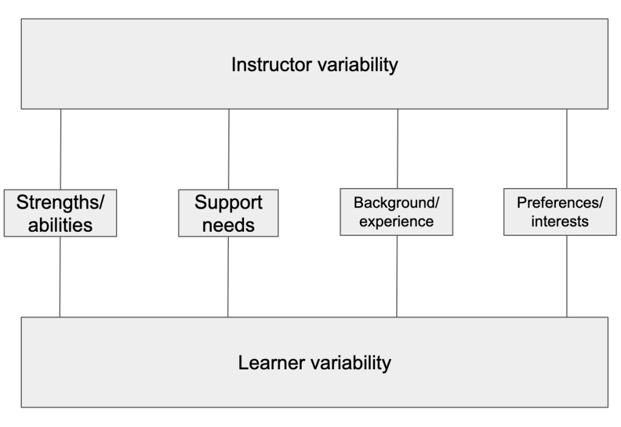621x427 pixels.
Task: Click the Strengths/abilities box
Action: click(x=60, y=213)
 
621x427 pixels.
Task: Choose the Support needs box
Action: click(x=228, y=213)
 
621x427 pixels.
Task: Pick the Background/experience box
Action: click(x=397, y=211)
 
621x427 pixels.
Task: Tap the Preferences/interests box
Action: click(x=560, y=211)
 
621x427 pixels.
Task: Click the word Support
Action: click(x=228, y=203)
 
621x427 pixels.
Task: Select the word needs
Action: click(x=228, y=225)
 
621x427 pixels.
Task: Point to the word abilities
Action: click(x=60, y=225)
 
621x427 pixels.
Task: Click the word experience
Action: click(x=397, y=221)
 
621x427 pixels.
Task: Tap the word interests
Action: click(x=560, y=221)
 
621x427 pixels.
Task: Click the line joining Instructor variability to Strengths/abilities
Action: click(x=61, y=149)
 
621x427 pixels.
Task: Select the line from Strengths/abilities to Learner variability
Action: click(x=60, y=277)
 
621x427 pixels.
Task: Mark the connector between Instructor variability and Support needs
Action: click(x=229, y=149)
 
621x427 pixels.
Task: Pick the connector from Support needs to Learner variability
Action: click(x=228, y=277)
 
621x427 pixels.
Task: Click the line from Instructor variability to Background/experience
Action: click(x=398, y=149)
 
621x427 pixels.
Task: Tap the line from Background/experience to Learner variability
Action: click(x=397, y=276)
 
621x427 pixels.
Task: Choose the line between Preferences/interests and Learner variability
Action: click(x=567, y=276)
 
